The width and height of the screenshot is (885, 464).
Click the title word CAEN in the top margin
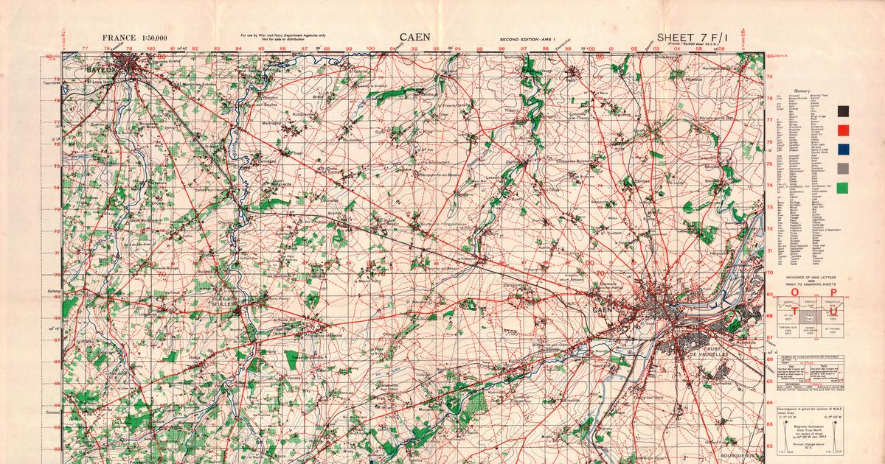[x=415, y=38]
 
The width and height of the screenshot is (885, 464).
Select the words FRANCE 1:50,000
[x=135, y=38]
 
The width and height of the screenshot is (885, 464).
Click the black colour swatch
[x=843, y=111]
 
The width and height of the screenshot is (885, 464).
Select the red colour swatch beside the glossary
[x=843, y=131]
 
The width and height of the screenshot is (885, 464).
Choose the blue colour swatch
[x=843, y=150]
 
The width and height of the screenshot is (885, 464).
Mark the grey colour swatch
[x=843, y=169]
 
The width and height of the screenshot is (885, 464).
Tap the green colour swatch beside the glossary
[x=843, y=188]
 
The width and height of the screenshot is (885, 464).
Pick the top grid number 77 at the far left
[x=86, y=49]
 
